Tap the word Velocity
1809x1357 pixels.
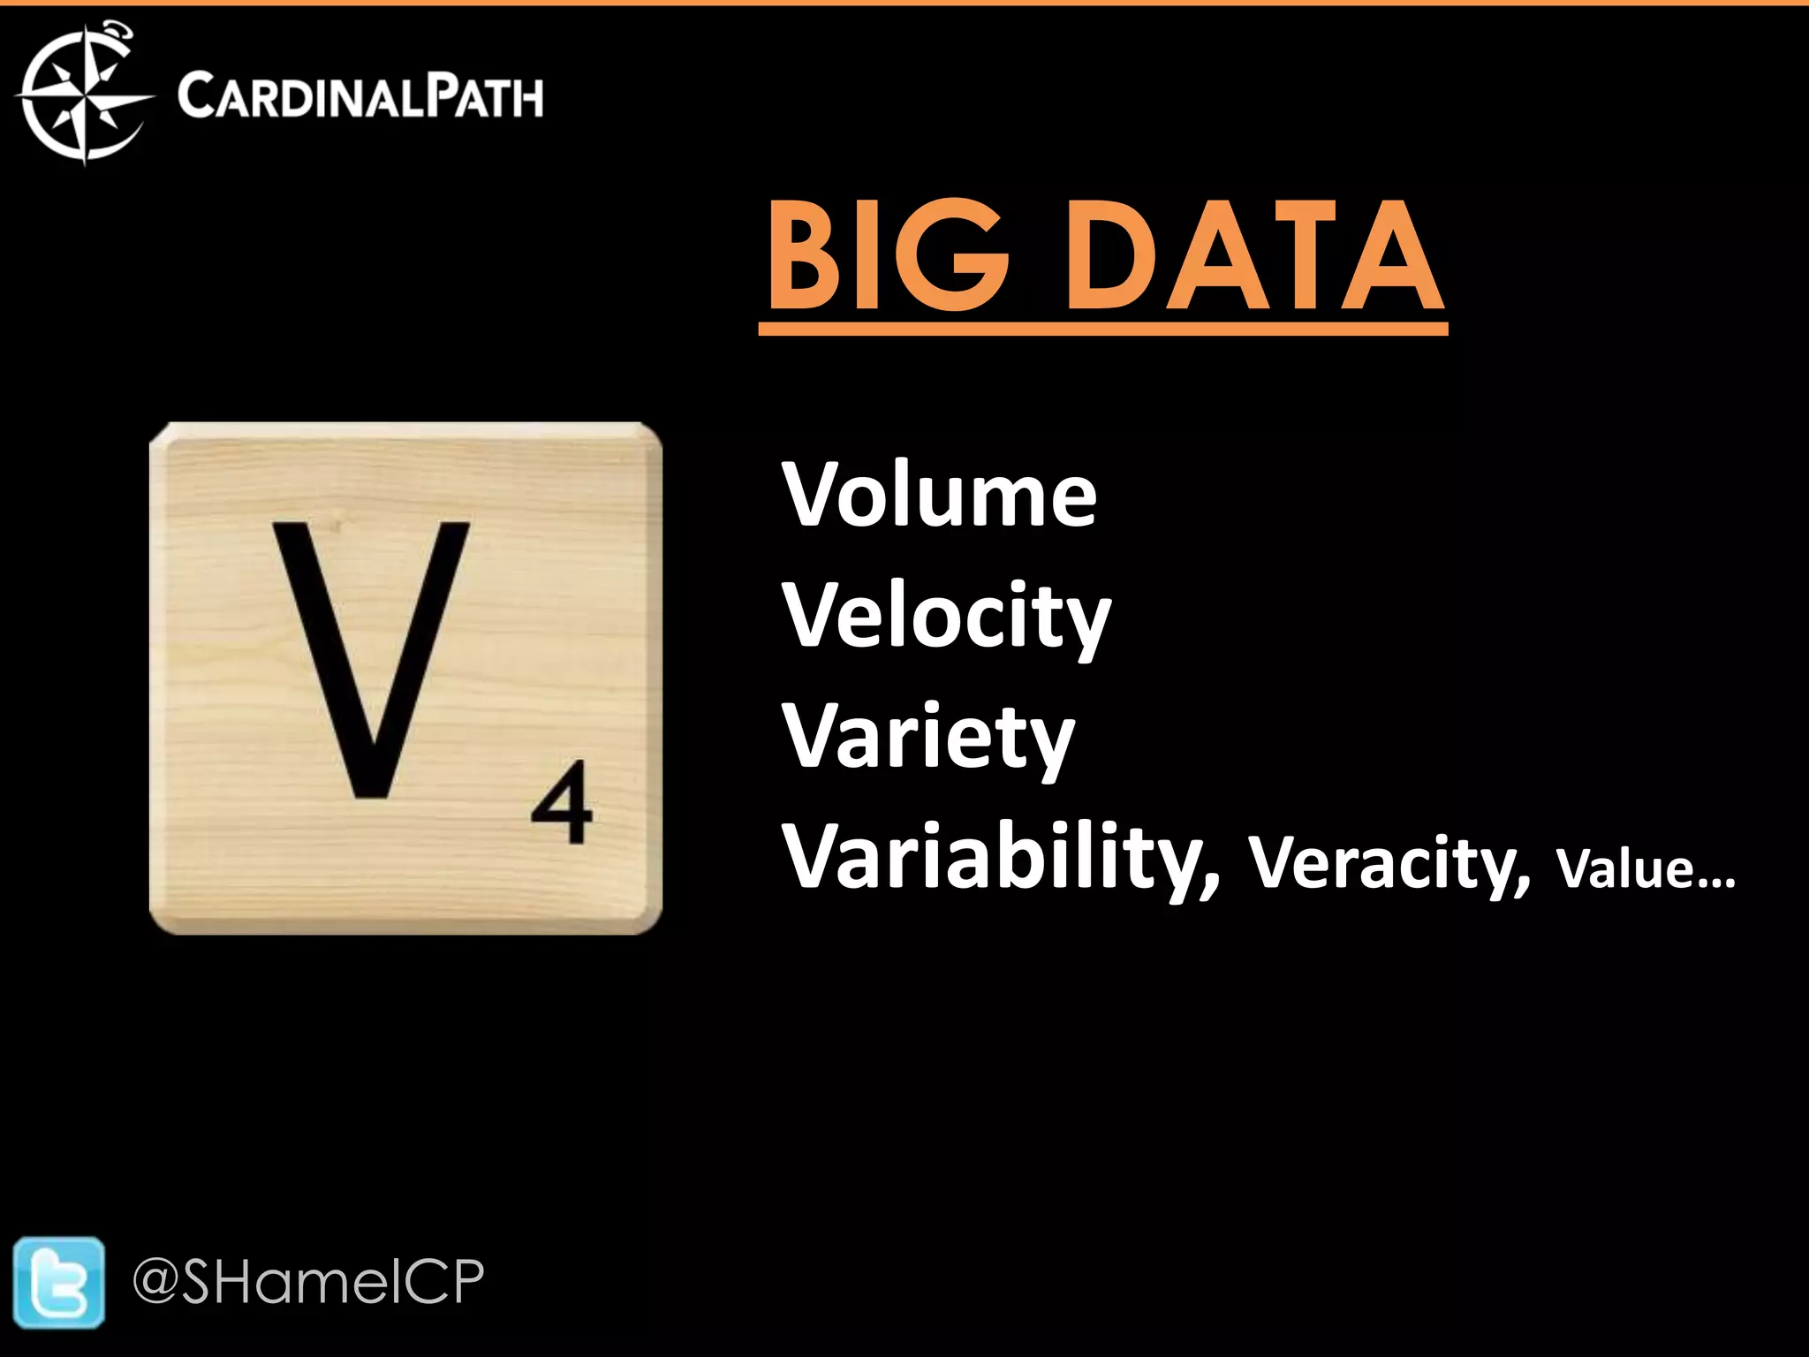pyautogui.click(x=946, y=617)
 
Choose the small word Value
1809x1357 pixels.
pyautogui.click(x=1624, y=869)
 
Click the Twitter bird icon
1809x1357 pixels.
pyautogui.click(x=58, y=1282)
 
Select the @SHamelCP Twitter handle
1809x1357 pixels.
pyautogui.click(x=309, y=1282)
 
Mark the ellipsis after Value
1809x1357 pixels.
pyautogui.click(x=1715, y=883)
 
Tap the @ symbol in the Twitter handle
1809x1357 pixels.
pyautogui.click(x=156, y=1282)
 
